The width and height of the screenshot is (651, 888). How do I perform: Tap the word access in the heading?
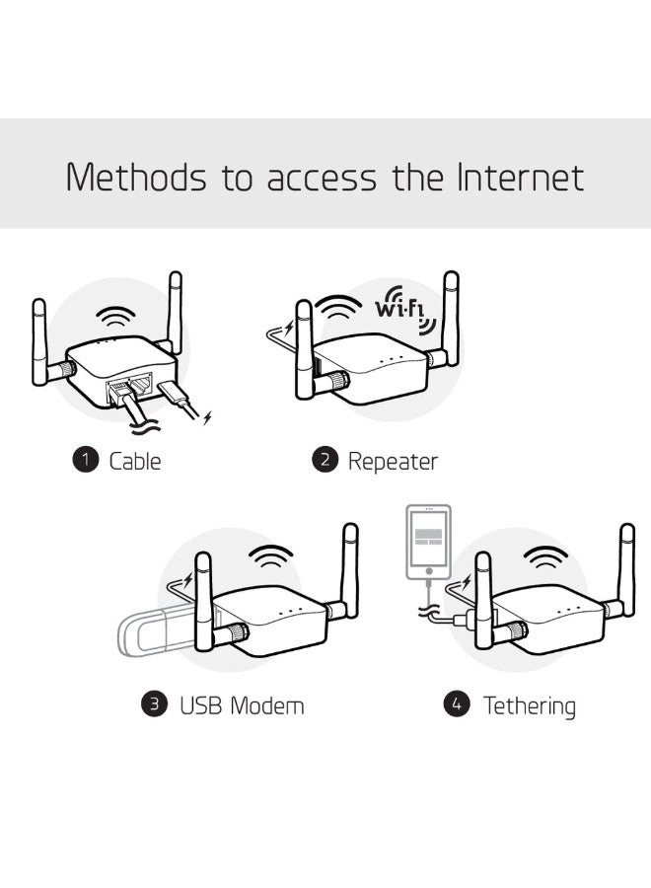click(x=322, y=181)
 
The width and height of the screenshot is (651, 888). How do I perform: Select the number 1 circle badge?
click(x=86, y=460)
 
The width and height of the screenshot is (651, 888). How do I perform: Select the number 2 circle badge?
click(x=325, y=460)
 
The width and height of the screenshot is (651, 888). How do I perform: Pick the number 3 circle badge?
click(x=155, y=704)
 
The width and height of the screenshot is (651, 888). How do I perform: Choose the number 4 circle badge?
click(x=456, y=704)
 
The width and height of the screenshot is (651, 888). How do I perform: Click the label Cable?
click(x=135, y=461)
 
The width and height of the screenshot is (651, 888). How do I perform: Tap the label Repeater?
click(x=393, y=461)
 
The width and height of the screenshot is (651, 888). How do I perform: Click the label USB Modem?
click(x=241, y=705)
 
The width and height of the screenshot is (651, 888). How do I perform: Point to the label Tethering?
click(x=529, y=705)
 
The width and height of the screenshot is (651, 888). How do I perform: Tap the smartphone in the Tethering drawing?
click(x=428, y=543)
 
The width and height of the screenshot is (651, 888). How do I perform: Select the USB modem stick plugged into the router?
click(x=158, y=632)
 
